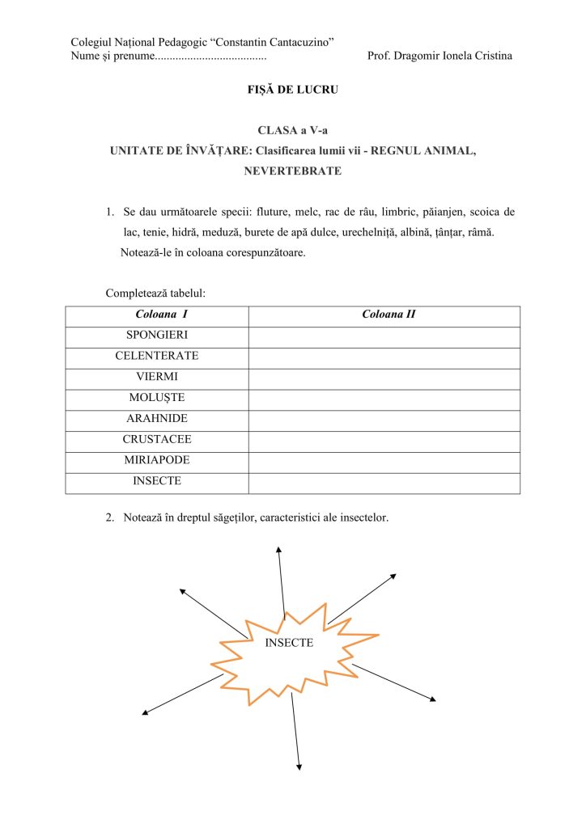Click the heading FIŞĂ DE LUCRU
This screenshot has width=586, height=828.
click(x=292, y=90)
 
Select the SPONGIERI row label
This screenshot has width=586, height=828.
click(x=157, y=335)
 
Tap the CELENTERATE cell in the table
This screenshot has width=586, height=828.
click(x=157, y=356)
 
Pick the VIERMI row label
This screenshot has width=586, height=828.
click(x=157, y=377)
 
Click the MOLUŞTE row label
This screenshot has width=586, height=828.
click(x=157, y=398)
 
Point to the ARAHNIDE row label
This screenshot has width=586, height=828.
click(x=157, y=419)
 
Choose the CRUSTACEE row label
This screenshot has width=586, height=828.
click(x=157, y=440)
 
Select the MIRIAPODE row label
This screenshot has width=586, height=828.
click(x=157, y=460)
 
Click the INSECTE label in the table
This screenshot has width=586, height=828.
click(x=157, y=481)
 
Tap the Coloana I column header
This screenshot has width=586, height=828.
click(x=157, y=314)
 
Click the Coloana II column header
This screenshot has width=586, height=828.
click(x=389, y=314)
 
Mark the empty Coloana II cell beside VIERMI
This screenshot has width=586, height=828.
click(x=384, y=377)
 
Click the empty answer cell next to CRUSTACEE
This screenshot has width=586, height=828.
click(x=384, y=440)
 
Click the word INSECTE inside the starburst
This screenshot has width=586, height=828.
click(x=289, y=643)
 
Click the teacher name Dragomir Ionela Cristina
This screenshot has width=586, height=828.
click(x=439, y=56)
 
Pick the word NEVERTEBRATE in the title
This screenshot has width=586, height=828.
click(x=292, y=171)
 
